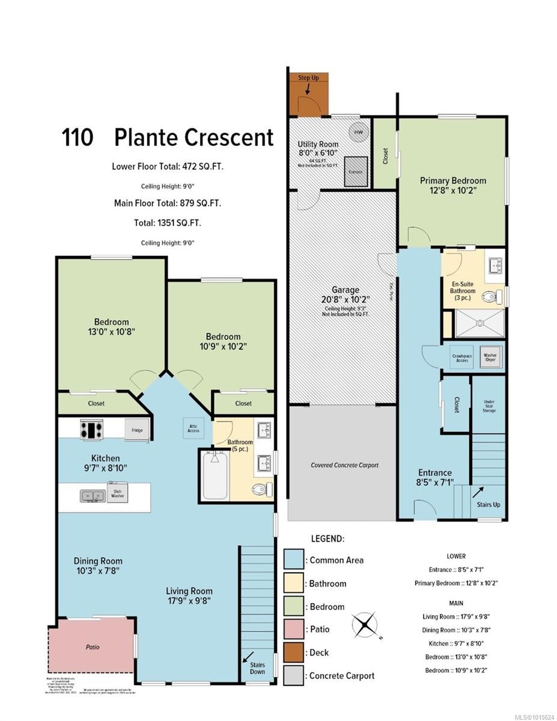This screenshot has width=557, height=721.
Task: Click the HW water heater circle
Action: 358,132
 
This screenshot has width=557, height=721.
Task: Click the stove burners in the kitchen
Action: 92,430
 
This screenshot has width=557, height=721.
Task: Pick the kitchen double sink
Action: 93,496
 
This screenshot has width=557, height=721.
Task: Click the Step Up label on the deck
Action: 309,78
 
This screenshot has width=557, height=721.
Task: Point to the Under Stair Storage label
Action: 488,407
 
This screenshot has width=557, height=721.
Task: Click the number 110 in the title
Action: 77,137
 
